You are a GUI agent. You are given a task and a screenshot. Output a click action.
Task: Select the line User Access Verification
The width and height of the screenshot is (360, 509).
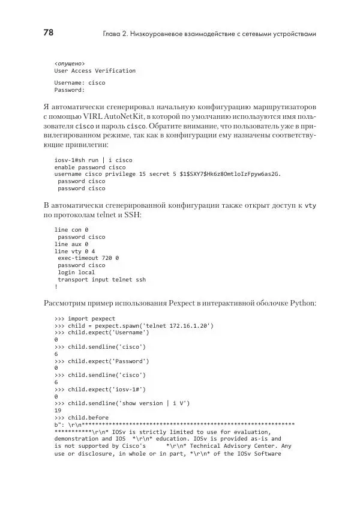click(x=95, y=70)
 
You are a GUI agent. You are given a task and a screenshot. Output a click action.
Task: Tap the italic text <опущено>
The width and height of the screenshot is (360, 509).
click(x=70, y=62)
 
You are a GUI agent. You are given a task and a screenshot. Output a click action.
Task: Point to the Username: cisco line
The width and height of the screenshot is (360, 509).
click(x=79, y=82)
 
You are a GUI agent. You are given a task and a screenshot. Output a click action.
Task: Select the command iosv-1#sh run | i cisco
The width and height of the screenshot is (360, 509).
click(x=93, y=160)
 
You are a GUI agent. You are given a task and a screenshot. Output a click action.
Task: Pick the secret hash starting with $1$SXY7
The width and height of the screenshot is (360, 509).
click(x=227, y=174)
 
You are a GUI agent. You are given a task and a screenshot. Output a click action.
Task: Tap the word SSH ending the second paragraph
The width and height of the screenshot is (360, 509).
click(x=133, y=214)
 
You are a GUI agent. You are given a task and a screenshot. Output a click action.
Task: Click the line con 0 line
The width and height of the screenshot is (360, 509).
click(x=71, y=230)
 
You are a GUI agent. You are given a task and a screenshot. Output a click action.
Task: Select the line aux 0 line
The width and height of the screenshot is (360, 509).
click(x=71, y=244)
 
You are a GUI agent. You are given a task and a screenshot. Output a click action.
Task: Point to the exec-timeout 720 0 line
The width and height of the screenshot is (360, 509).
click(x=88, y=258)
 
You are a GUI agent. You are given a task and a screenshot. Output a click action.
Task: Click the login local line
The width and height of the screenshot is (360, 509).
click(x=76, y=272)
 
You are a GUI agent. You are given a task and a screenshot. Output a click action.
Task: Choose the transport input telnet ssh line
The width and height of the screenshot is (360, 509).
click(x=101, y=279)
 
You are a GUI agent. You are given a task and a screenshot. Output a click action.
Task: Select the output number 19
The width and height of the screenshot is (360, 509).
click(x=58, y=410)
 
